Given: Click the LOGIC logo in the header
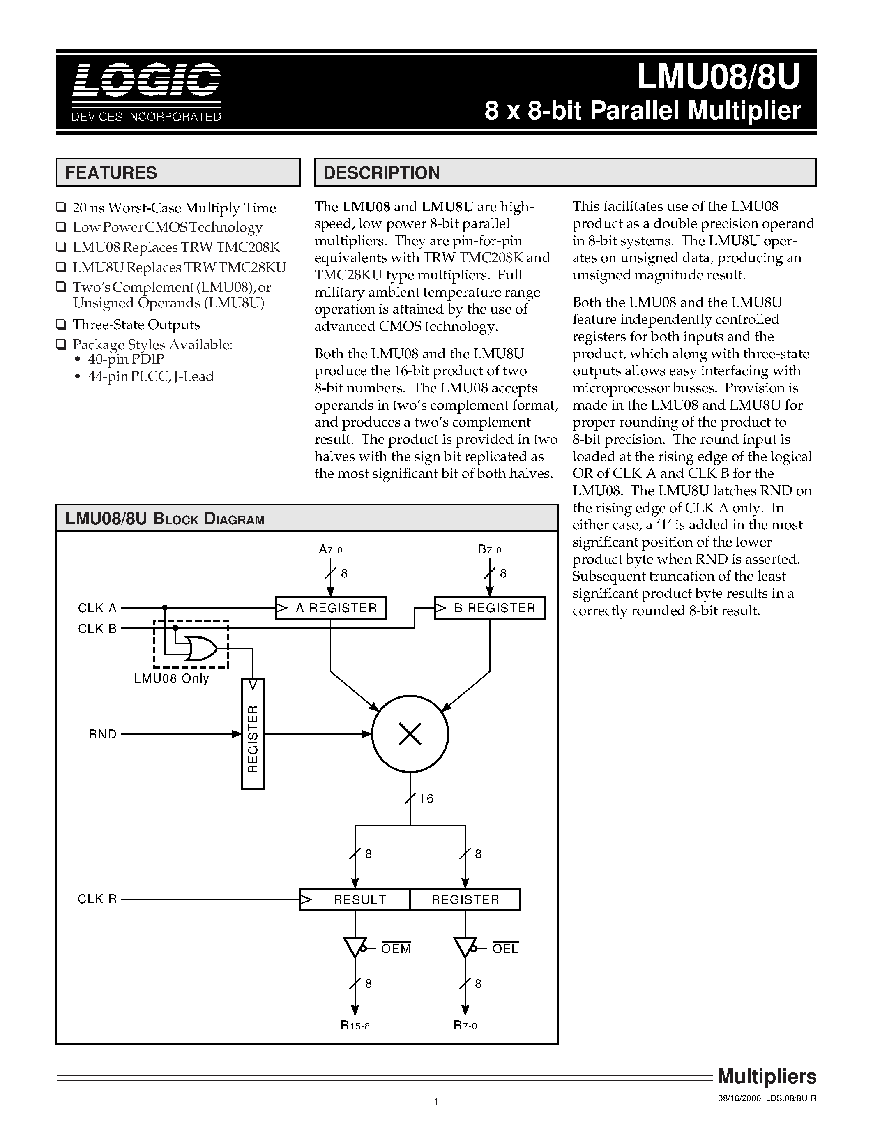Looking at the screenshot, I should pyautogui.click(x=146, y=80).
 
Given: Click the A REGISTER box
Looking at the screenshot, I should pyautogui.click(x=331, y=608).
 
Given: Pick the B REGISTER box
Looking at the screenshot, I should pyautogui.click(x=490, y=608).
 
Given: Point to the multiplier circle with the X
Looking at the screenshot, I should pyautogui.click(x=410, y=733).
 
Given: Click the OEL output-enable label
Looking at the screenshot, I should pyautogui.click(x=505, y=948).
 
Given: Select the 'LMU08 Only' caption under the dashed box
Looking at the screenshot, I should pyautogui.click(x=172, y=678).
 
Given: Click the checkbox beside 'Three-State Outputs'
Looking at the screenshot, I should pyautogui.click(x=61, y=324).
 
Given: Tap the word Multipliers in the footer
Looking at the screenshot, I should pyautogui.click(x=767, y=1076).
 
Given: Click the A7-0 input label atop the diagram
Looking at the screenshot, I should pyautogui.click(x=330, y=549).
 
